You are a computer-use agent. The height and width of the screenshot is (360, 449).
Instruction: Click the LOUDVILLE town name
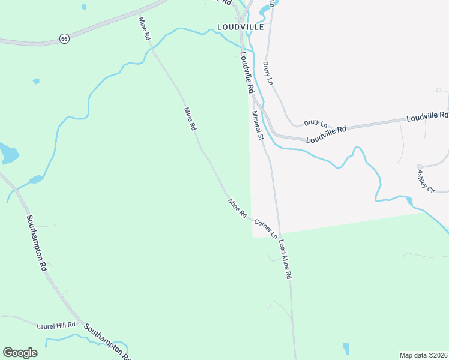click(x=241, y=26)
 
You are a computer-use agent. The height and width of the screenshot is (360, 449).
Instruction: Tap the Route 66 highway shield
click(x=64, y=38)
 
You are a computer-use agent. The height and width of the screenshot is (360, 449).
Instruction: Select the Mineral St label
click(x=258, y=125)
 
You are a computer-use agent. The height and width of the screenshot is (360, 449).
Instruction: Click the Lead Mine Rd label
click(x=285, y=259)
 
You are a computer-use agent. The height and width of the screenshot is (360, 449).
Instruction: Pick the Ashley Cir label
click(x=426, y=181)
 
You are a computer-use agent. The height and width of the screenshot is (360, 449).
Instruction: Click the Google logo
click(x=20, y=353)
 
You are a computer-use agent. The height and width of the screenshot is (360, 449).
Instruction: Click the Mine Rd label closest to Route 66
click(x=145, y=28)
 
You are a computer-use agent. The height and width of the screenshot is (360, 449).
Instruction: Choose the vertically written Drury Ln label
click(x=268, y=73)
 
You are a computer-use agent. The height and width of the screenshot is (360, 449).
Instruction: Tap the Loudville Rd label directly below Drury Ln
click(x=326, y=134)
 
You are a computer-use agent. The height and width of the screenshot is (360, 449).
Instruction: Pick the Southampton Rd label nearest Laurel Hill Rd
click(x=107, y=341)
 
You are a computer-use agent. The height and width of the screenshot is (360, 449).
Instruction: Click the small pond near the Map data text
click(x=346, y=348)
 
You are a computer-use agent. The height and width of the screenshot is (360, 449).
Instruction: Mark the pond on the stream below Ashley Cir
click(x=409, y=200)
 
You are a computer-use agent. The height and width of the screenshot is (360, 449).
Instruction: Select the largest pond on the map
click(x=8, y=154)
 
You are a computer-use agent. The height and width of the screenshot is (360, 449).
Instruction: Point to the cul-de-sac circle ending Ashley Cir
click(x=420, y=167)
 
